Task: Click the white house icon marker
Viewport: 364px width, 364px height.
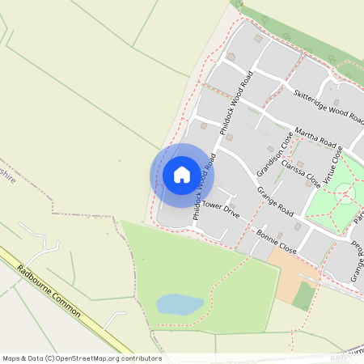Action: click(182, 175)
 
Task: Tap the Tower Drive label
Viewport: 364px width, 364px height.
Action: click(221, 210)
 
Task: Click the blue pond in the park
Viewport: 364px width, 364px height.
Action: click(180, 304)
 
